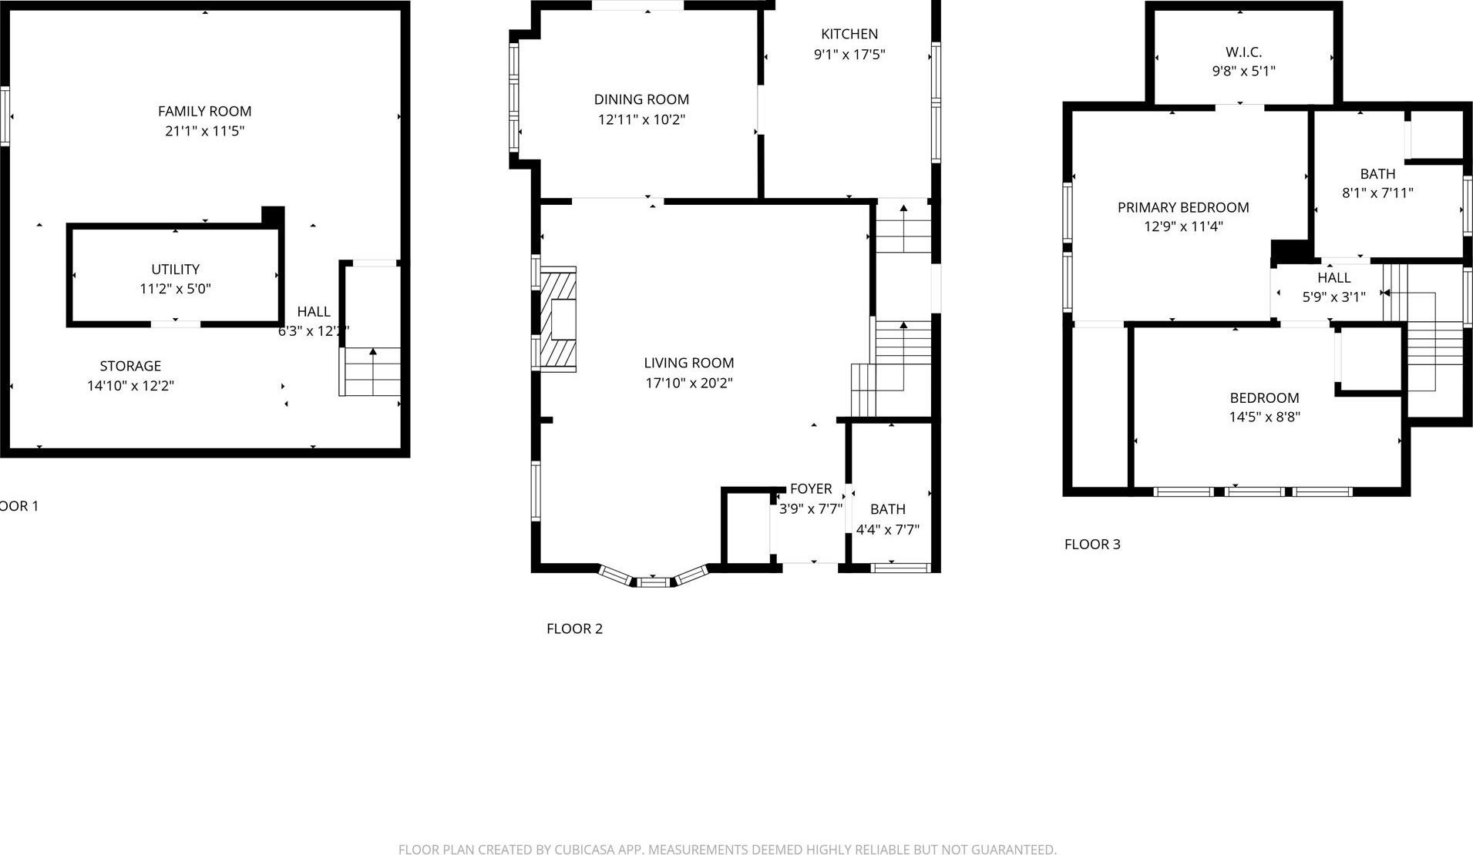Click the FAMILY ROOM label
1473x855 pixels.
coord(204,111)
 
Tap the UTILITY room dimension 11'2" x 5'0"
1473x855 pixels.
coord(175,290)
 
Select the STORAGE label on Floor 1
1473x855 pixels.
coord(130,366)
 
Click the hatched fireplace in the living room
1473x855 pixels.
coord(558,320)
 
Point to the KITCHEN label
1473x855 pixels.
coord(849,34)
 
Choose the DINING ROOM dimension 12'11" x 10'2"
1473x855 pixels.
coord(641,119)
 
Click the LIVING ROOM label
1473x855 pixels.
coord(688,363)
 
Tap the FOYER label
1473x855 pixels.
coord(811,488)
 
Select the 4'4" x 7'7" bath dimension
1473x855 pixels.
coord(887,530)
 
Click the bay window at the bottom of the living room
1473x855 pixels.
coord(654,578)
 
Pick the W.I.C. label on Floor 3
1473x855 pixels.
coord(1243,52)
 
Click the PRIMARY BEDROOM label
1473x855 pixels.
coord(1182,207)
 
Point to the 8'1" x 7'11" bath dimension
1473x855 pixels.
coord(1377,193)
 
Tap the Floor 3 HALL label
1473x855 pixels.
coord(1333,278)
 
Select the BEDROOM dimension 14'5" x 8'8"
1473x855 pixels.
coord(1264,417)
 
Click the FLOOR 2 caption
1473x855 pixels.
coord(574,629)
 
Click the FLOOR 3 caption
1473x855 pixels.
coord(1092,545)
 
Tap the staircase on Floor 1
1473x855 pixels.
coord(371,373)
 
